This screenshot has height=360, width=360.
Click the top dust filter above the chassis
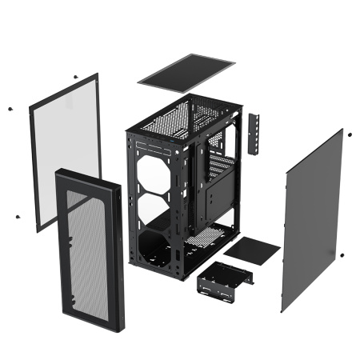(186, 70)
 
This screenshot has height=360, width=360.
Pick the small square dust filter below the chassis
(251, 250)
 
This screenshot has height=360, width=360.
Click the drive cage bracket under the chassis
(224, 281)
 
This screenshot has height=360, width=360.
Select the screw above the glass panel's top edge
(74, 77)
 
